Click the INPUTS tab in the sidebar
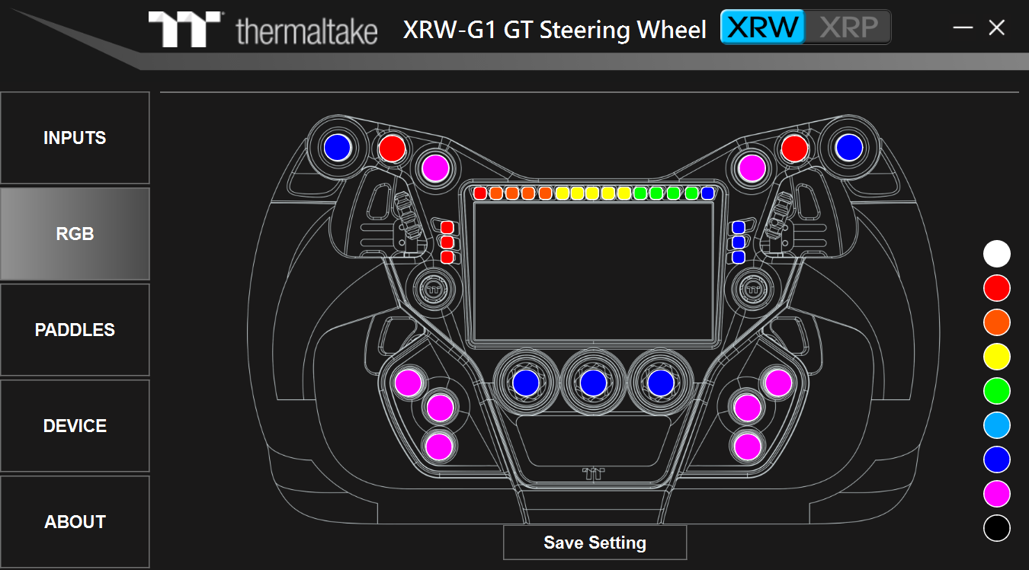[75, 138]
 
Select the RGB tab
[75, 234]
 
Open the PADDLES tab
[75, 330]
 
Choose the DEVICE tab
[75, 426]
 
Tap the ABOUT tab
[75, 522]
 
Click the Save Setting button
[595, 543]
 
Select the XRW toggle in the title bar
[763, 27]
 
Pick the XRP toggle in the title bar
[848, 27]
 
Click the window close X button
[996, 28]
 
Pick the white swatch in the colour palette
[996, 254]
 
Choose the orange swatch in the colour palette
[996, 322]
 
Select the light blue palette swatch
[996, 425]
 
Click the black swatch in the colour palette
[996, 528]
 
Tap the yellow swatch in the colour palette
[996, 357]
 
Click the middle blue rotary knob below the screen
[593, 383]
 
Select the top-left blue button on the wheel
[337, 147]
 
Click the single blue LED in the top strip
[707, 194]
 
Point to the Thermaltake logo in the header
[263, 29]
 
